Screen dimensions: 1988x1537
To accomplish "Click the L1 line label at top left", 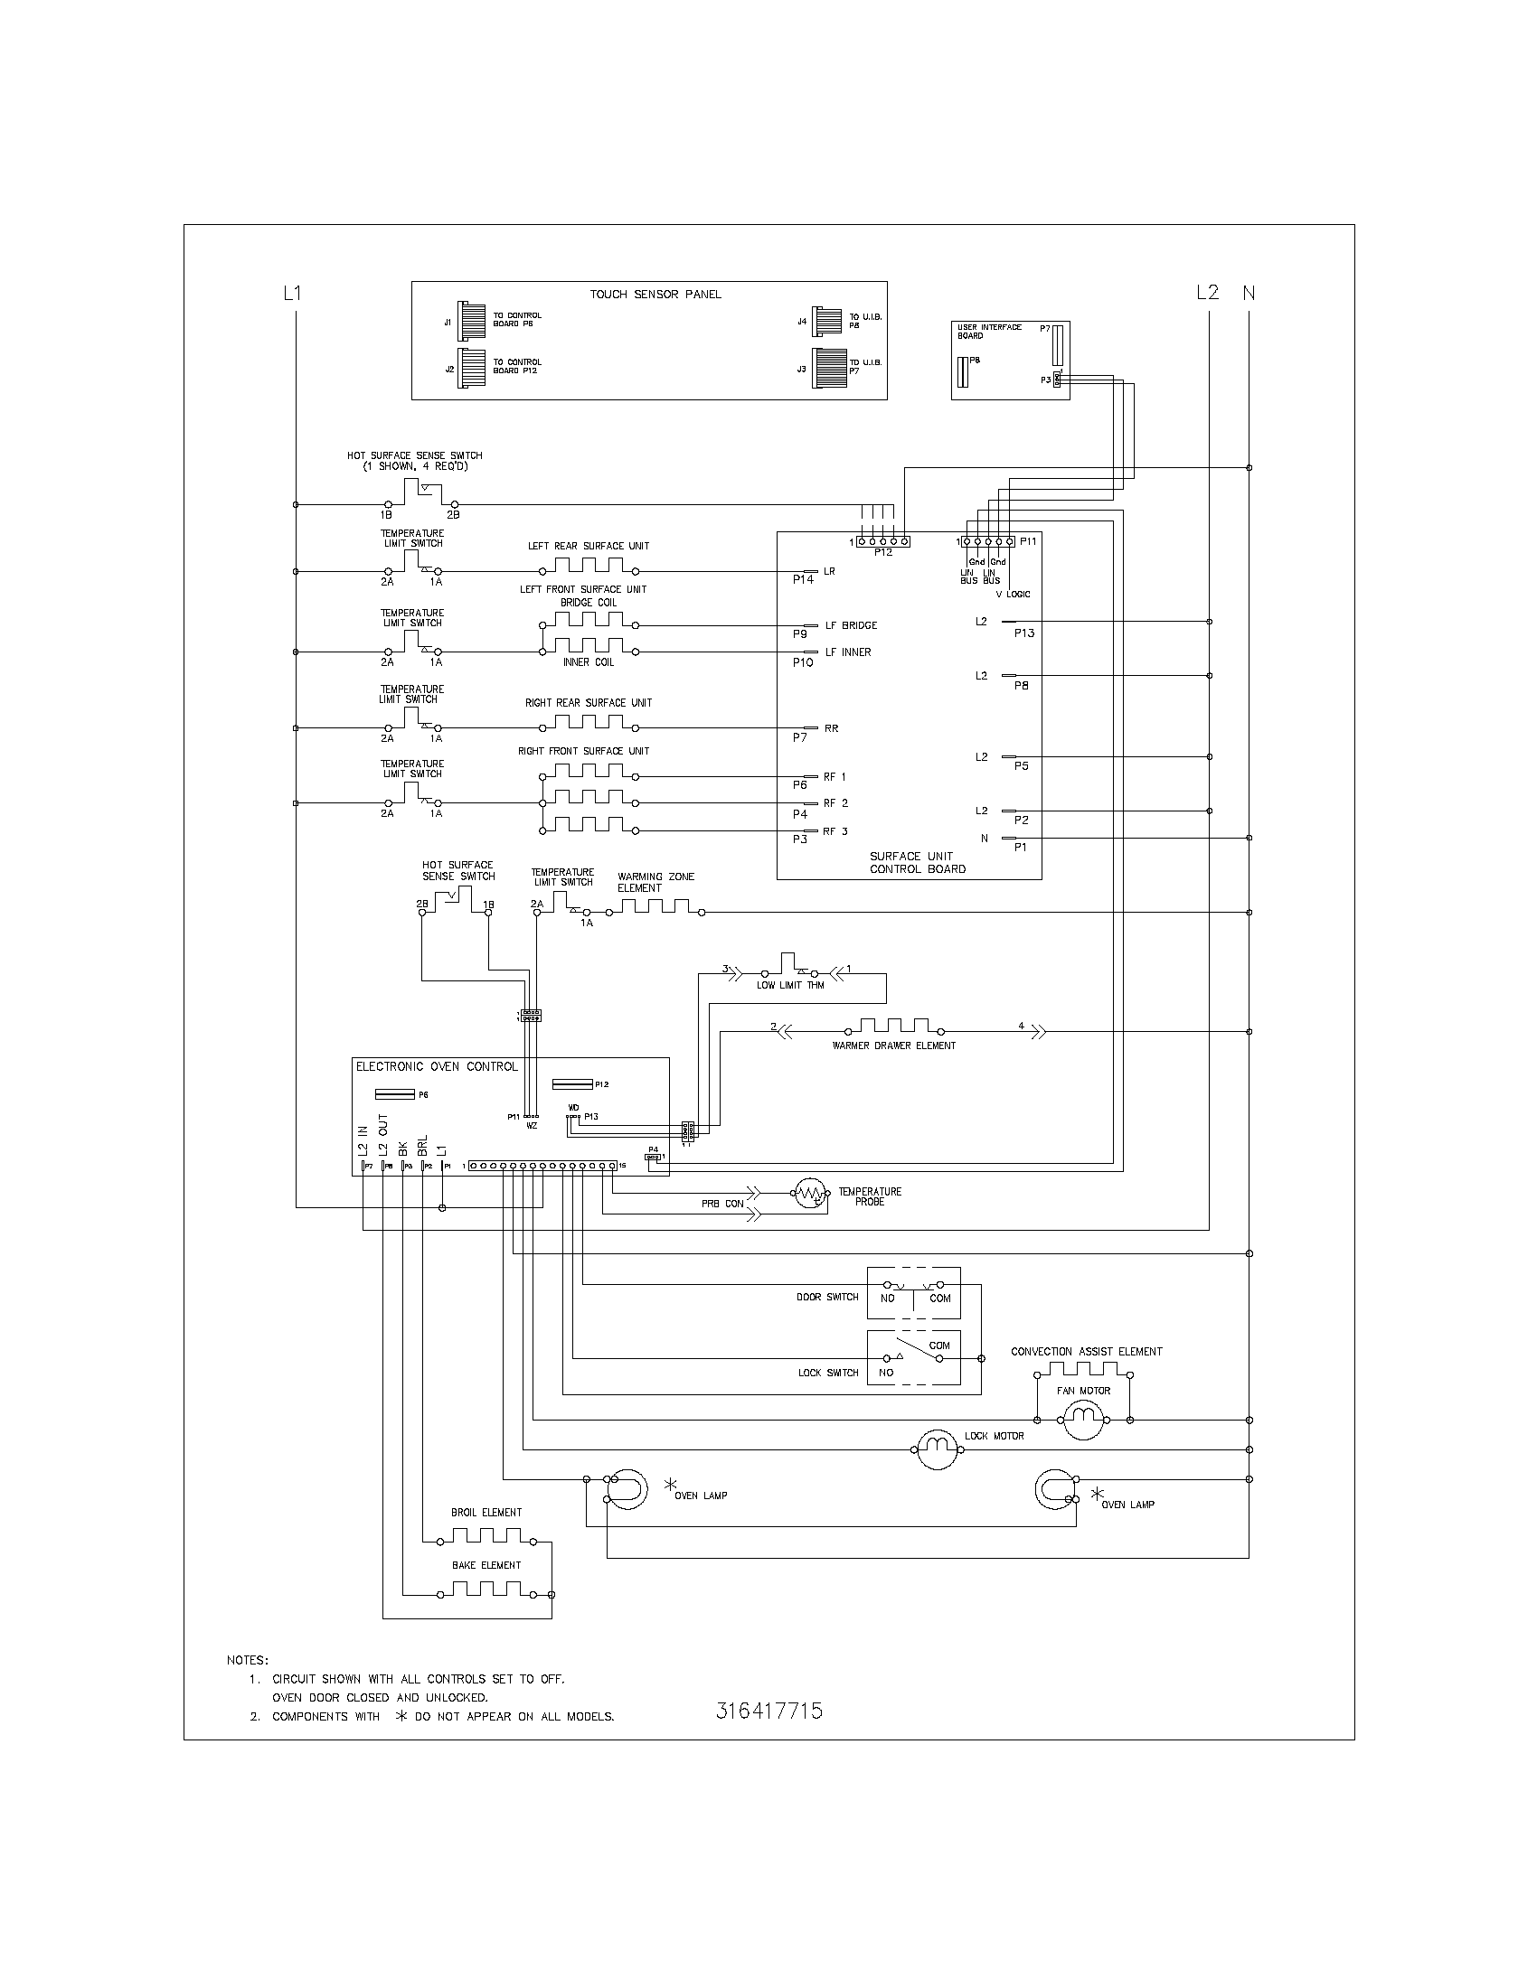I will (292, 293).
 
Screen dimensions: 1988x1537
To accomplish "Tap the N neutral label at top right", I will (1249, 293).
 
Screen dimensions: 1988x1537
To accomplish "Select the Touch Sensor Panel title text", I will (655, 294).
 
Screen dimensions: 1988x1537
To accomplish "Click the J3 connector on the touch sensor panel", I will (828, 368).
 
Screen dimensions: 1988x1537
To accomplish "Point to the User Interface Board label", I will (989, 332).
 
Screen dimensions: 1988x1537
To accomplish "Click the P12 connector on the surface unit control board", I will (882, 541).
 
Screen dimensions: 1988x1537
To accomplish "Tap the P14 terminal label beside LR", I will (802, 579).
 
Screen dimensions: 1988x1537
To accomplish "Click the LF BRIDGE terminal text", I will (851, 625).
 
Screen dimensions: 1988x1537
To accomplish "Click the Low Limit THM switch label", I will (789, 985).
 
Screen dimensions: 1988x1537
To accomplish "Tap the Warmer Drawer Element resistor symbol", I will (893, 1026).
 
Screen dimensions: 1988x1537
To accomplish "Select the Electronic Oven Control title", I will (436, 1067).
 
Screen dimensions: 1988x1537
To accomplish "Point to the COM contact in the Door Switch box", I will (939, 1298).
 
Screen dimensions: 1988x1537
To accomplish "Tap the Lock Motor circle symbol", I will (933, 1449).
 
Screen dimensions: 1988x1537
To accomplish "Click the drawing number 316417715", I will (768, 1711).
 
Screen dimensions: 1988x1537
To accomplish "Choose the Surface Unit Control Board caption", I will (917, 862).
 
